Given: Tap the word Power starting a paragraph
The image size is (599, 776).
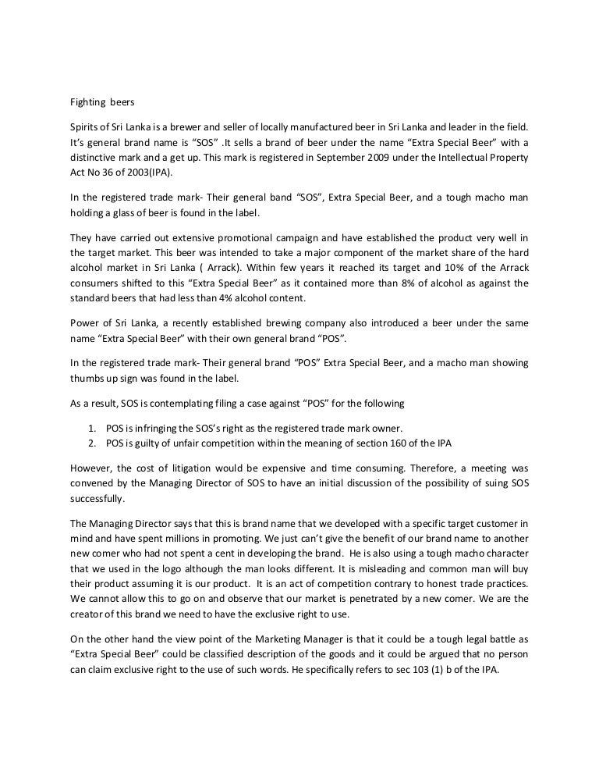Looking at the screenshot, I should (x=78, y=323).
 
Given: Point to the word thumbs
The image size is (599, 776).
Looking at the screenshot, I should (x=82, y=378).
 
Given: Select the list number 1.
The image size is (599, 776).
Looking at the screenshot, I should (x=90, y=429).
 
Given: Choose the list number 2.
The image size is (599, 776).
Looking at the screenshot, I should (x=90, y=443).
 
